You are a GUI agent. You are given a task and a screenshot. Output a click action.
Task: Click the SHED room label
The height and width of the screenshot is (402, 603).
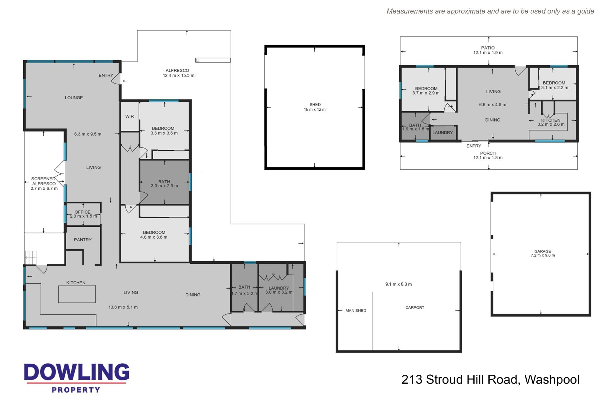click(315, 105)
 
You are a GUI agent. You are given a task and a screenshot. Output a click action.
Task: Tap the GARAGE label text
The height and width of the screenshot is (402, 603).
click(543, 251)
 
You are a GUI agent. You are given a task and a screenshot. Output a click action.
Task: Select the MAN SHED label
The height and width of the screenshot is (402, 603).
click(356, 311)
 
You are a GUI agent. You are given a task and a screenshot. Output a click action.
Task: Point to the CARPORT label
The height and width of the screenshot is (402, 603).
click(415, 307)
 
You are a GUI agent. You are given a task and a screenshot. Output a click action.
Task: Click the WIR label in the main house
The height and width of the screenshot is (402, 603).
click(129, 117)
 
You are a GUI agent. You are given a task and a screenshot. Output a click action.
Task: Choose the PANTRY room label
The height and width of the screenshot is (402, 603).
click(83, 240)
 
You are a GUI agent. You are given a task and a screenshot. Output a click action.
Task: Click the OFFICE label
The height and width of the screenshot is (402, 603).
click(83, 212)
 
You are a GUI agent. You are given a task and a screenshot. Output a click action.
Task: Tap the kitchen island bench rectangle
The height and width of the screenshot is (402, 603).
click(77, 294)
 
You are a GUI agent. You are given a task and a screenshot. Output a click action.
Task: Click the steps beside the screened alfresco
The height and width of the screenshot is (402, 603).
click(31, 258)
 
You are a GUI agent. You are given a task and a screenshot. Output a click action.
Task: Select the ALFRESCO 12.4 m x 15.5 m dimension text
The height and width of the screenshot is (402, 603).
click(178, 75)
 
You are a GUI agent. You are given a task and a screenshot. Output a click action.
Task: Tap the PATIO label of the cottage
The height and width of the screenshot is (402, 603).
click(488, 48)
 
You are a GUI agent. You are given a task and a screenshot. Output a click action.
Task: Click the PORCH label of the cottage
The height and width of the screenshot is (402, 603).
click(488, 153)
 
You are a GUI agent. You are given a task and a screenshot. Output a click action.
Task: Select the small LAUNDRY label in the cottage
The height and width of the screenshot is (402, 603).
click(443, 133)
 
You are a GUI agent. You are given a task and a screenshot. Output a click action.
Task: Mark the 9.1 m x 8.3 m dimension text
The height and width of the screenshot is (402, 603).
click(399, 284)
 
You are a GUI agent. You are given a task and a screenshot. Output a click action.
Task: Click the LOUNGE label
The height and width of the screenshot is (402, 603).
click(74, 98)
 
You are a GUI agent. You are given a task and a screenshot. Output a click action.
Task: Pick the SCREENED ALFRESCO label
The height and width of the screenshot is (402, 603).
click(44, 181)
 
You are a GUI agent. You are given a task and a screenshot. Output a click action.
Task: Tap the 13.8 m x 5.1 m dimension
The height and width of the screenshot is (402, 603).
click(123, 307)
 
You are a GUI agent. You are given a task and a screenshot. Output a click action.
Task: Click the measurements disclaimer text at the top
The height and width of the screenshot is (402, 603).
click(490, 11)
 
